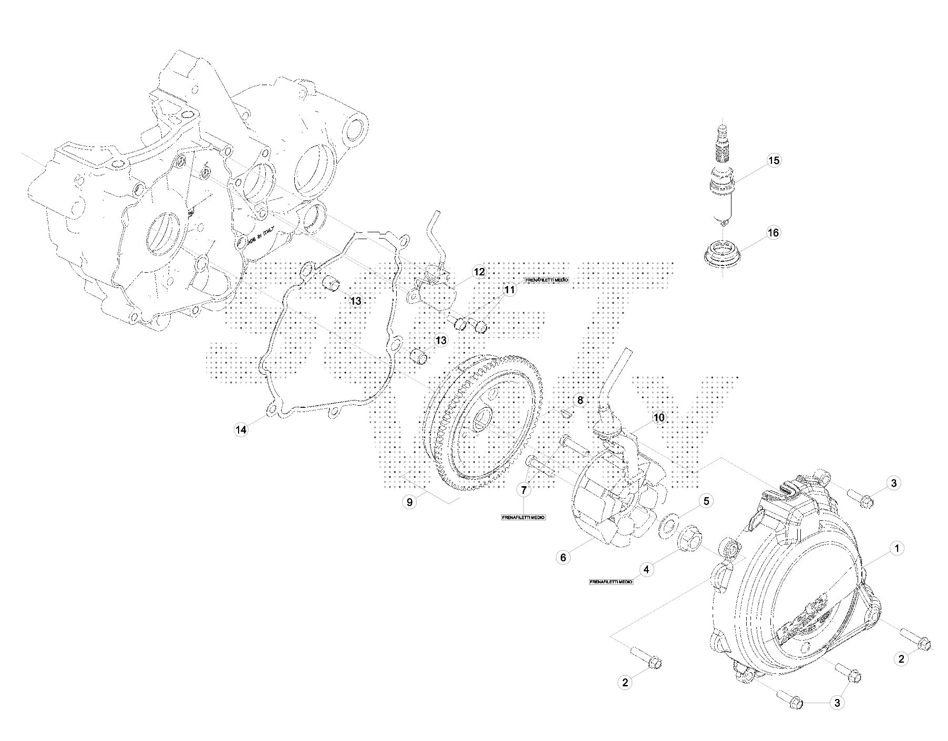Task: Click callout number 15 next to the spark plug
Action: pos(774,160)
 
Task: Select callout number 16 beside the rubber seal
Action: pos(774,232)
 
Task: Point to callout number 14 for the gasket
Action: pos(241,430)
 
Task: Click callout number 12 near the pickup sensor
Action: pos(479,272)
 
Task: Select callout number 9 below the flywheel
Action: pos(409,502)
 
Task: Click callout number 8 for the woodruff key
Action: pos(580,400)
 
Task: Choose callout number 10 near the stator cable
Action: pos(658,418)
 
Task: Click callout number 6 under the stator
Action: pos(563,557)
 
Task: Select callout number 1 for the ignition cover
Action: pos(897,549)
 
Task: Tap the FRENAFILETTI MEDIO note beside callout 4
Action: pos(611,582)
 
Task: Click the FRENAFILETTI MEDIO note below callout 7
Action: pos(523,518)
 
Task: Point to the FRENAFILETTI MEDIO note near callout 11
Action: pos(547,281)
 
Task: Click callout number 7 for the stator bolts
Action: pos(523,490)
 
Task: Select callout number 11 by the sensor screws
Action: pos(510,290)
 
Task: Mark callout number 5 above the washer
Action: pos(706,501)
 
